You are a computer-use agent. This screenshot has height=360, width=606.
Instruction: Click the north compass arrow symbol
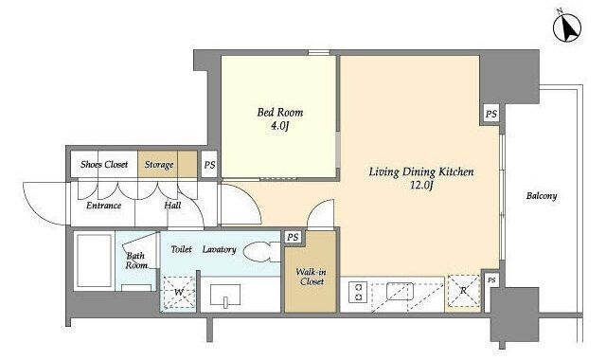[x=567, y=28]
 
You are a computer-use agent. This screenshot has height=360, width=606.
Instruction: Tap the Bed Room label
[x=280, y=113]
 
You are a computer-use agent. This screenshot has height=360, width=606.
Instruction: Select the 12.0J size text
[x=421, y=186]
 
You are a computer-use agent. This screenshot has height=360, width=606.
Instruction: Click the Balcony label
[x=542, y=196]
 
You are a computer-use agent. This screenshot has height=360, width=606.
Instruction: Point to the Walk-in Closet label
[x=312, y=277]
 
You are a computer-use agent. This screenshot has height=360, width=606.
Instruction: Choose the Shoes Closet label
[x=104, y=164]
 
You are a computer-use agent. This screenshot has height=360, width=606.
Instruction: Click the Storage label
[x=159, y=165]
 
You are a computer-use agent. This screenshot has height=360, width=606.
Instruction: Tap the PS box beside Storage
[x=209, y=165]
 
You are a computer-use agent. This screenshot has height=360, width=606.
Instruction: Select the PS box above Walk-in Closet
[x=293, y=237]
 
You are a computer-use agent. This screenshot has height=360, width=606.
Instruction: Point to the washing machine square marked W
[x=179, y=292]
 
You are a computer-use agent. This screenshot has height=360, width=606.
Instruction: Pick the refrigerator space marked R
[x=463, y=291]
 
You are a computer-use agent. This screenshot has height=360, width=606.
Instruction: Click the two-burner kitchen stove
[x=358, y=292]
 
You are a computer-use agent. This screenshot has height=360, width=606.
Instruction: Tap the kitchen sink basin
[x=400, y=291]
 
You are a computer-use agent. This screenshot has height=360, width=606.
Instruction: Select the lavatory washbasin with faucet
[x=225, y=296]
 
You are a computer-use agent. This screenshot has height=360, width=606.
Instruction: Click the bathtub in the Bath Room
[x=95, y=261]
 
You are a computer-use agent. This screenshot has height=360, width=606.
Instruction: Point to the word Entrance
[x=103, y=206]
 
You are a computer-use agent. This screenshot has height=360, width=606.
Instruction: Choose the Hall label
[x=172, y=206]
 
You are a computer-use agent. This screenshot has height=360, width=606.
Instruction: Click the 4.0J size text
[x=280, y=126]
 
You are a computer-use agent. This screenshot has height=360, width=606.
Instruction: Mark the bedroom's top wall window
[x=319, y=53]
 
